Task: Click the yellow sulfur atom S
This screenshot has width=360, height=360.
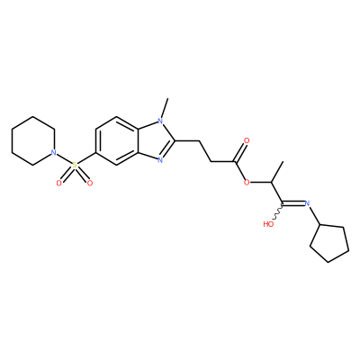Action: pyautogui.click(x=75, y=165)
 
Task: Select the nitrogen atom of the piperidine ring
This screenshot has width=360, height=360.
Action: pyautogui.click(x=54, y=153)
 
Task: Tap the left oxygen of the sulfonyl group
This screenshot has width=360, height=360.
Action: pyautogui.click(x=59, y=183)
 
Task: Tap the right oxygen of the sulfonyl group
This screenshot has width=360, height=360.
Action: pyautogui.click(x=89, y=183)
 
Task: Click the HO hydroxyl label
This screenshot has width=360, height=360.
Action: pyautogui.click(x=268, y=224)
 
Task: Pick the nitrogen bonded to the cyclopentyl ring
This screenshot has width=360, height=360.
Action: pyautogui.click(x=307, y=203)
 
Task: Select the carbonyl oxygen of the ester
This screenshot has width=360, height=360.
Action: pyautogui.click(x=247, y=140)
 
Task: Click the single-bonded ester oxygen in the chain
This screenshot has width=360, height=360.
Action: pyautogui.click(x=247, y=182)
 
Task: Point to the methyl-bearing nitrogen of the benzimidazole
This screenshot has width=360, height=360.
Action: pyautogui.click(x=160, y=121)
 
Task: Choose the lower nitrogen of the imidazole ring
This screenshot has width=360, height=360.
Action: pyautogui.click(x=160, y=160)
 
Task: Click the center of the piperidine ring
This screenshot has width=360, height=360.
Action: pyautogui.click(x=33, y=140)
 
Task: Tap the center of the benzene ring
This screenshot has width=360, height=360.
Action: pyautogui.click(x=117, y=141)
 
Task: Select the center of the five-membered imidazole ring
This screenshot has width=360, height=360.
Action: pyautogui.click(x=155, y=141)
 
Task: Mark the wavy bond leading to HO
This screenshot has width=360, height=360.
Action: pyautogui.click(x=278, y=212)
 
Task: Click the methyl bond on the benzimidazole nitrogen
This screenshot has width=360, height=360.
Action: pyautogui.click(x=165, y=108)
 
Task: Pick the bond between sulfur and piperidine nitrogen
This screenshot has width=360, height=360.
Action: pyautogui.click(x=64, y=159)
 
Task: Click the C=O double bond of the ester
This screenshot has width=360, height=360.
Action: pyautogui.click(x=241, y=153)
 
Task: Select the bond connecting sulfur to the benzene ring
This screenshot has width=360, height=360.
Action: pyautogui.click(x=86, y=158)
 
